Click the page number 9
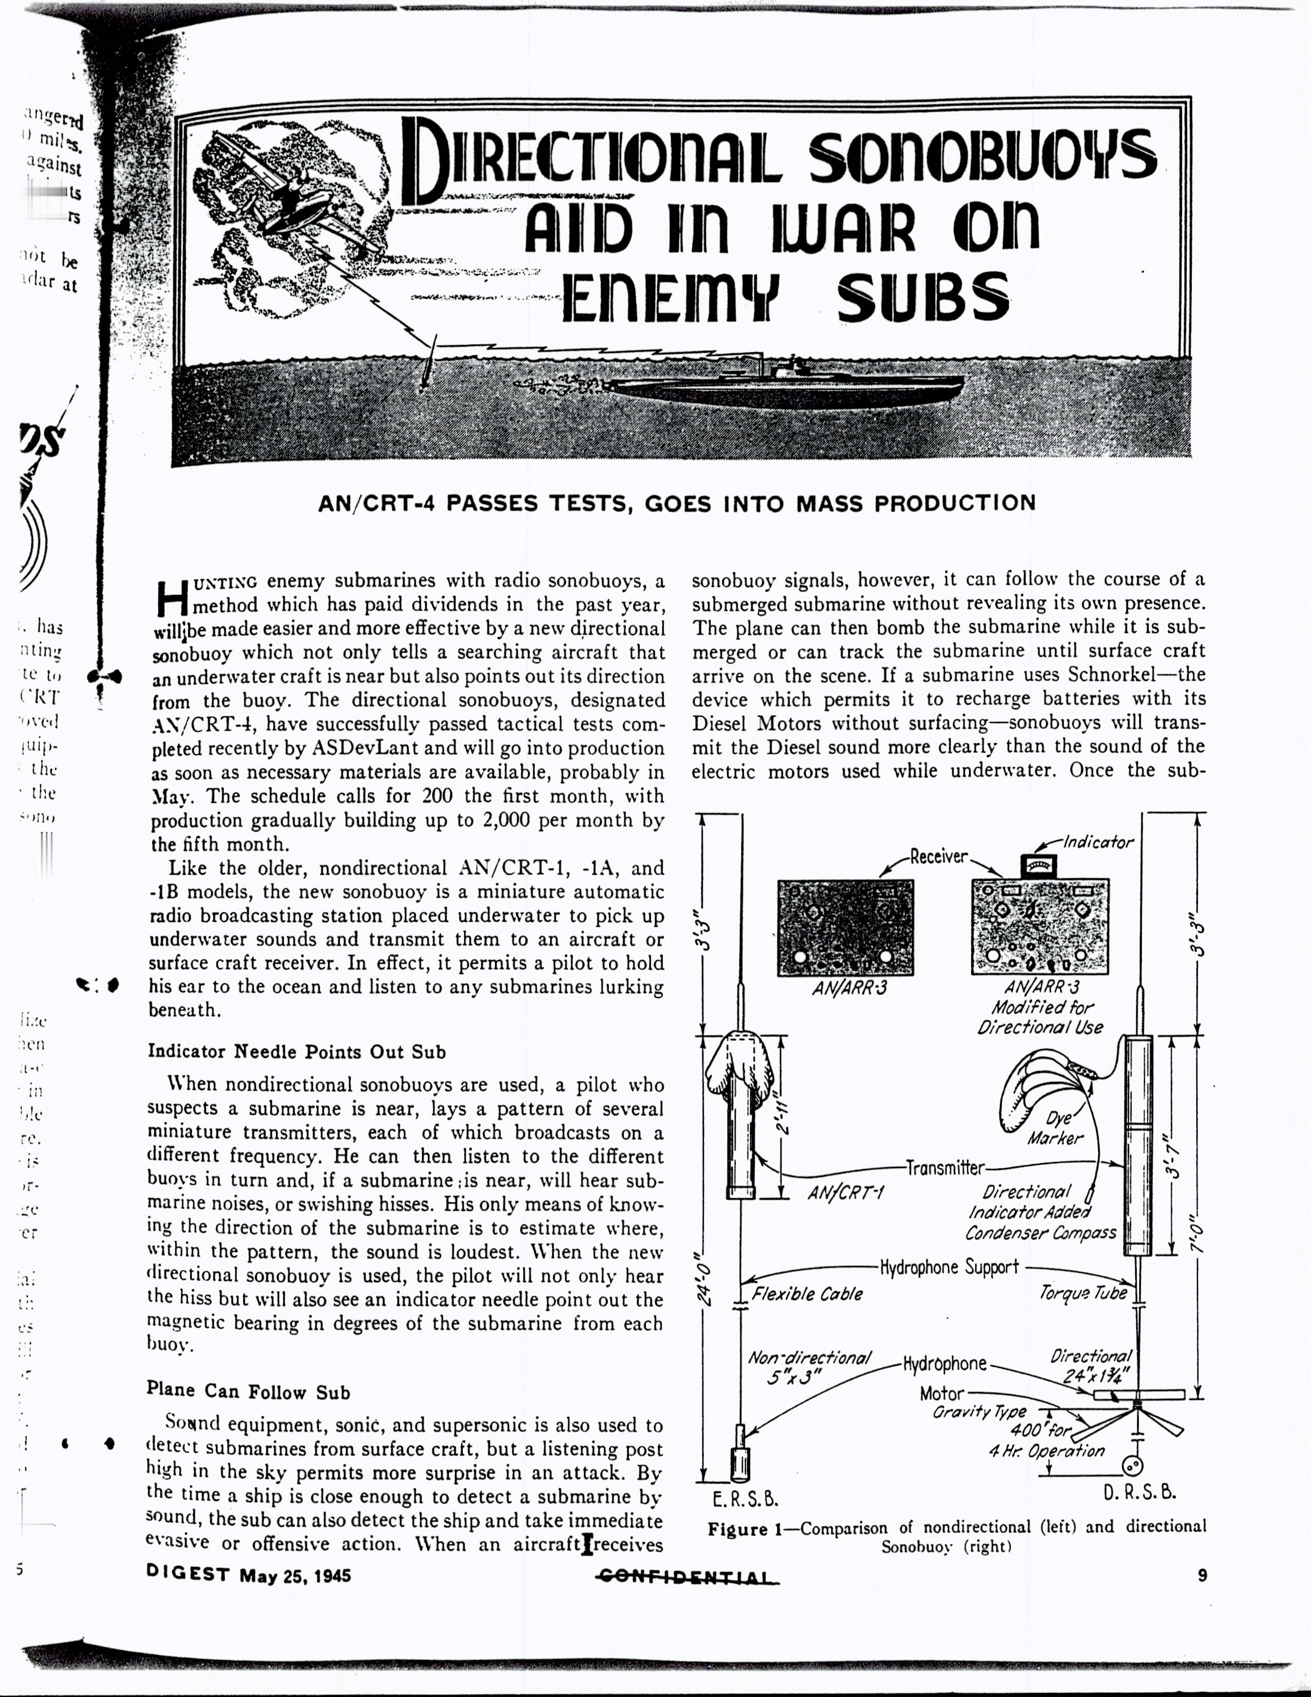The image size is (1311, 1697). (x=1203, y=1575)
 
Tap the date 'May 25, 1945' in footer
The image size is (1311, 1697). (x=295, y=1576)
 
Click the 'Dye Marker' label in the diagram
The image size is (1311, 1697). (x=1057, y=1128)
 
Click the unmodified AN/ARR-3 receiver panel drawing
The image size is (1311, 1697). (x=845, y=927)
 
